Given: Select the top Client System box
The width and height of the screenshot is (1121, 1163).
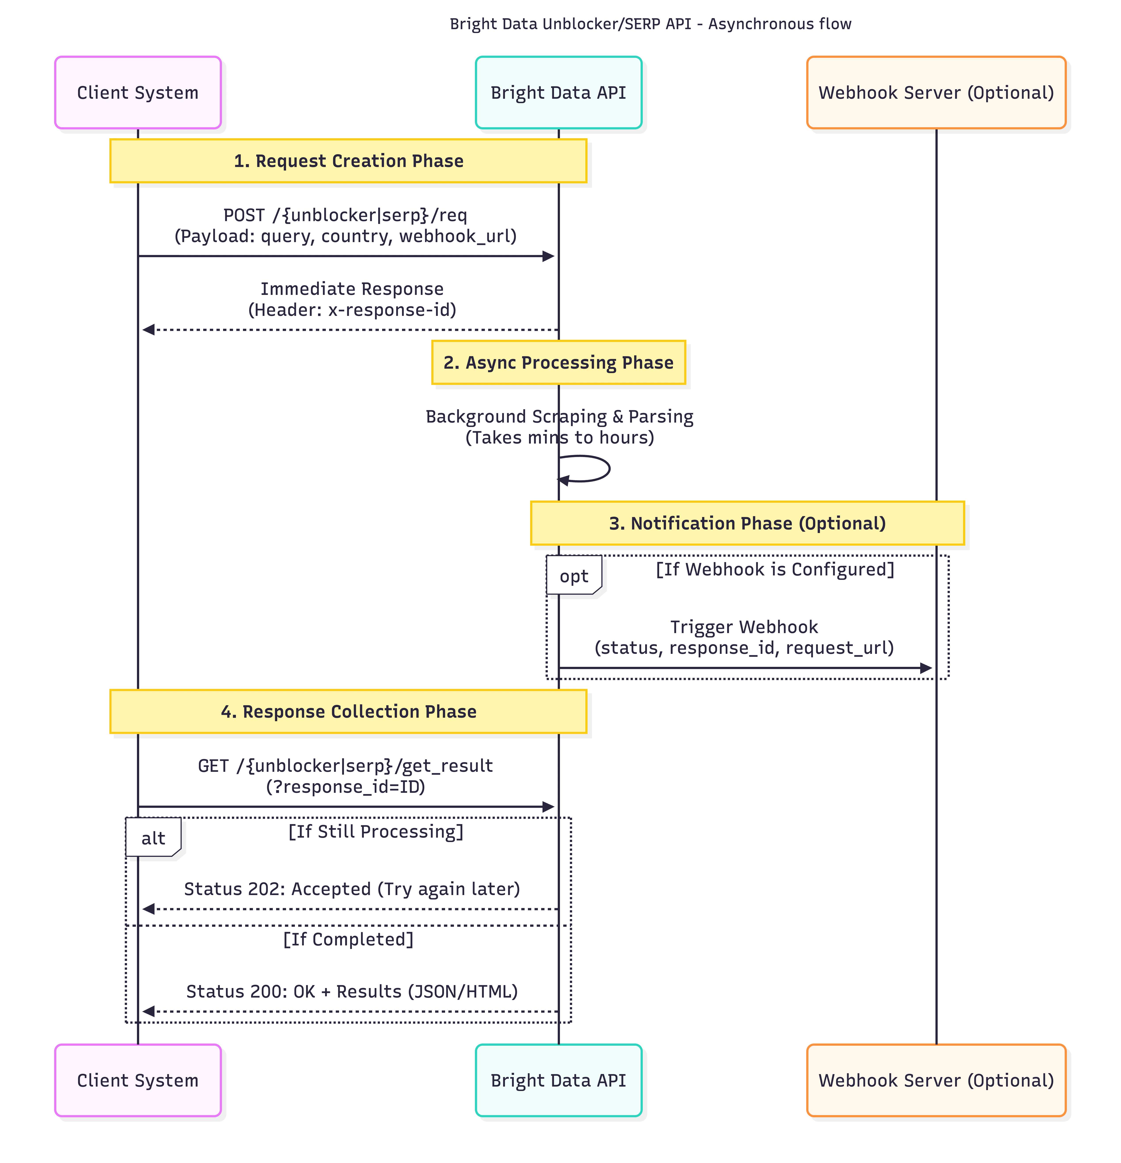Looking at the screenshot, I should pos(138,93).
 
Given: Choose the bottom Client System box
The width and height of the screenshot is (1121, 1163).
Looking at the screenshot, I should pos(138,1080).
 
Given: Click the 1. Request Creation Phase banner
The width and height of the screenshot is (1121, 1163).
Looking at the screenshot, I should pos(348,161).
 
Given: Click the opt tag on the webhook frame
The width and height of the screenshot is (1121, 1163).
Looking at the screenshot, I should pos(573,576).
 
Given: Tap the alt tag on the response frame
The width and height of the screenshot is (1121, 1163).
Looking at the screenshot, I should pos(153,838).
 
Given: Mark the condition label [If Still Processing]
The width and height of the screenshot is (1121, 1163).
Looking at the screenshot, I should pos(376,831).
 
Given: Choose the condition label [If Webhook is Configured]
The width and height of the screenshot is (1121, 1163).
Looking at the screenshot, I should pos(774,569).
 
